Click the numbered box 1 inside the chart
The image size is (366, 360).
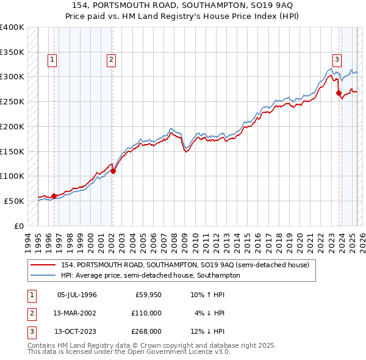pyautogui.click(x=53, y=60)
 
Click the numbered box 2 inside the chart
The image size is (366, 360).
pyautogui.click(x=112, y=60)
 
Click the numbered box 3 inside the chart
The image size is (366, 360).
pyautogui.click(x=337, y=60)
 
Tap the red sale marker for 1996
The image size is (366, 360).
pyautogui.click(x=54, y=196)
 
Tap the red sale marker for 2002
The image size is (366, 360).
pyautogui.click(x=113, y=171)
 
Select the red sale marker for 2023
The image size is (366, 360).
pyautogui.click(x=339, y=93)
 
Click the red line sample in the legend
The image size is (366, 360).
pyautogui.click(x=43, y=265)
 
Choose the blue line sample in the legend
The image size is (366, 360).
pyautogui.click(x=43, y=275)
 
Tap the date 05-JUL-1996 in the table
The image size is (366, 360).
pyautogui.click(x=76, y=295)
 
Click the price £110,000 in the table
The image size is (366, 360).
pyautogui.click(x=146, y=313)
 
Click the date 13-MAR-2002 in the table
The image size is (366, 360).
pyautogui.click(x=76, y=313)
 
